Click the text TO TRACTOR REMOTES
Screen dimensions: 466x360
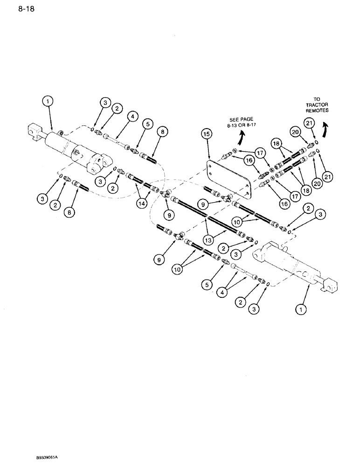click(x=317, y=105)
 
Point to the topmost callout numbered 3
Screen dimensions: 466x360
click(x=105, y=103)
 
